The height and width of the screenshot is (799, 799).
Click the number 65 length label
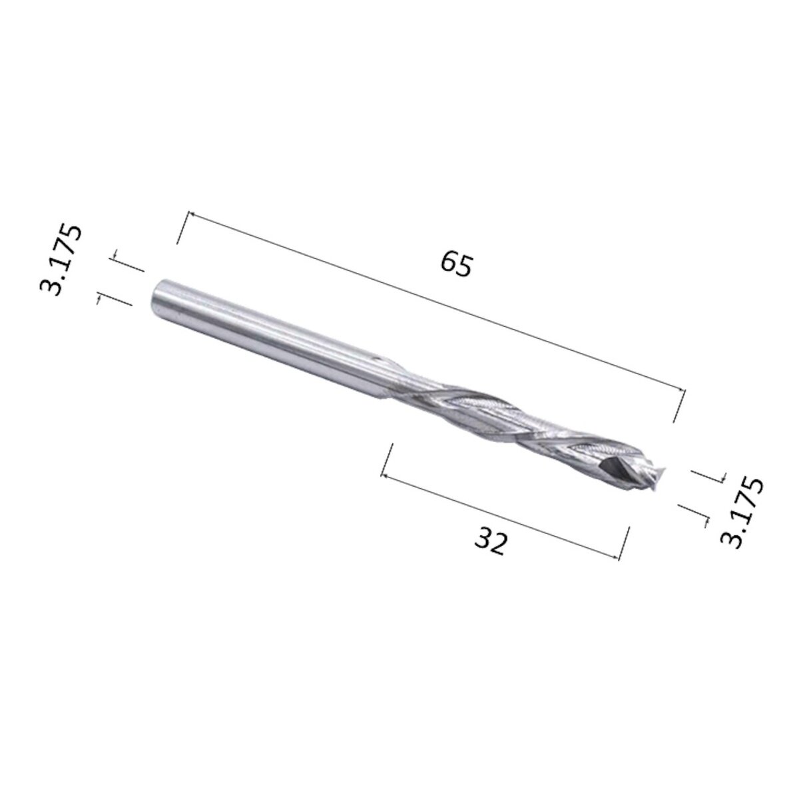pyautogui.click(x=456, y=264)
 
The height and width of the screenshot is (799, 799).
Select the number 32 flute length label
pyautogui.click(x=491, y=542)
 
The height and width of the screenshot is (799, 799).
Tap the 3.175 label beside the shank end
pyautogui.click(x=62, y=259)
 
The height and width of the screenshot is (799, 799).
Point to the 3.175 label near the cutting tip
pyautogui.click(x=743, y=511)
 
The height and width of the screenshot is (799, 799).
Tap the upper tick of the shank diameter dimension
pyautogui.click(x=127, y=264)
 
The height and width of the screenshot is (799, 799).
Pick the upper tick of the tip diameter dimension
pyautogui.click(x=708, y=474)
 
